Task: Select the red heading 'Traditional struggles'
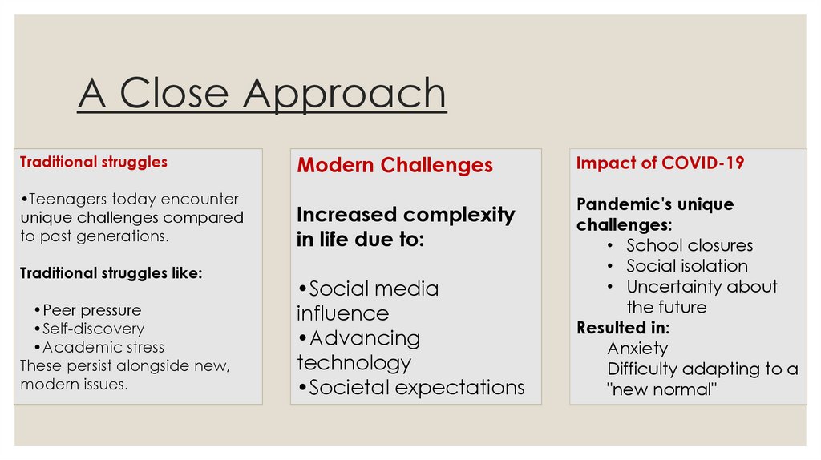(94, 162)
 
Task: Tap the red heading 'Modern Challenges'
(394, 165)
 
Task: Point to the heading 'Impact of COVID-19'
(661, 163)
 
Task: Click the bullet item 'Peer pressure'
(91, 310)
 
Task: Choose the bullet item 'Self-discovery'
(93, 329)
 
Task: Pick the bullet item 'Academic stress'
(103, 347)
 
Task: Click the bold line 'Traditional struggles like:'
(111, 273)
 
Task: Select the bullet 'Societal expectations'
(417, 388)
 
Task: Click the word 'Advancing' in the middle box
(365, 339)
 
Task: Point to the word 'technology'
(354, 363)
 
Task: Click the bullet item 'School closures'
(690, 245)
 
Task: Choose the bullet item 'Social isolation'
(687, 266)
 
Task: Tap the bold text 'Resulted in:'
(623, 328)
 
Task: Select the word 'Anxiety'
(637, 349)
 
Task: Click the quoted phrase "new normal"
(661, 389)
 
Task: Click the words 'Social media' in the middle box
(374, 289)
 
